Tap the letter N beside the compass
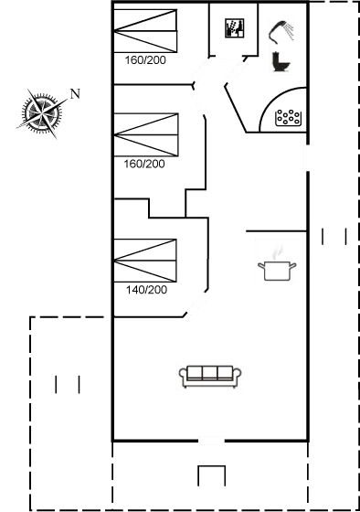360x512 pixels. click(76, 93)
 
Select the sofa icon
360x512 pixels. click(211, 375)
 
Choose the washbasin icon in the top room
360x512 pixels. click(237, 28)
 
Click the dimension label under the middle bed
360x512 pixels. click(145, 165)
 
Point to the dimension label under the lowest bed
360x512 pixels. click(145, 290)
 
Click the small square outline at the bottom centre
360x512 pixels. click(211, 475)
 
